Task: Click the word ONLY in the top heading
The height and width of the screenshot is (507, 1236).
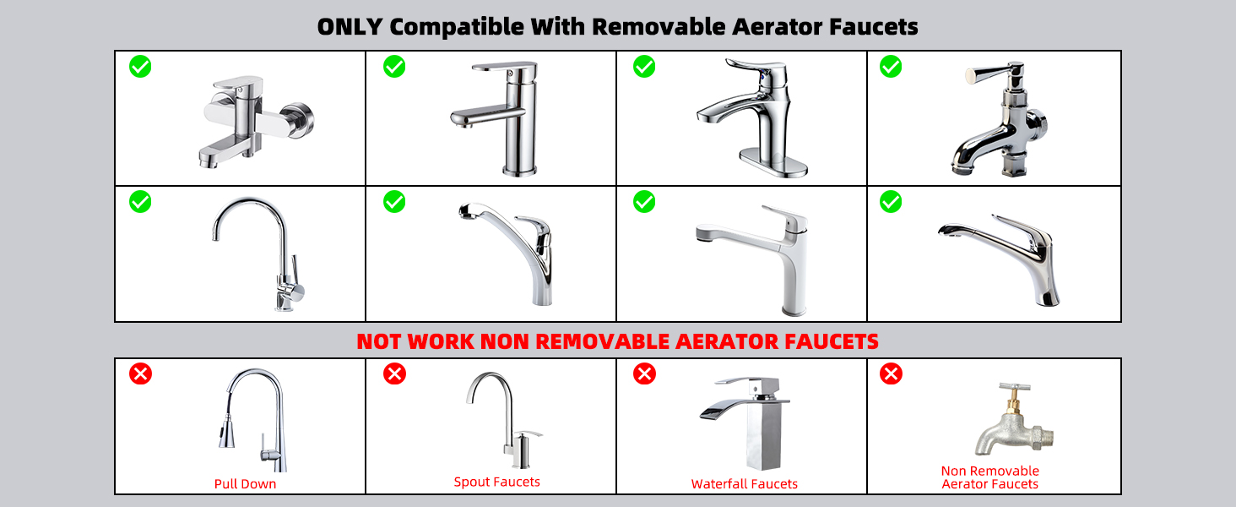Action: click(350, 26)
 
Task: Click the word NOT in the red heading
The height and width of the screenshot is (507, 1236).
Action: click(380, 341)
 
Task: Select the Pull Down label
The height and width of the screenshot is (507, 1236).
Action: click(245, 484)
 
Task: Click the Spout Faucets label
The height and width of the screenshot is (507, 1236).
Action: click(496, 482)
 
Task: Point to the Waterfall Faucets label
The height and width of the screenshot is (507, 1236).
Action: click(744, 484)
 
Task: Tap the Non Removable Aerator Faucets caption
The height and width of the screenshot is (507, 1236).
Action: click(989, 477)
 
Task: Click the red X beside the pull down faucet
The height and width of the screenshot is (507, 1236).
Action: click(140, 373)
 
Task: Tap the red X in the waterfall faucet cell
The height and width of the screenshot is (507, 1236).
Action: click(644, 373)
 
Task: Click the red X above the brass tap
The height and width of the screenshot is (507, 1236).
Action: click(891, 373)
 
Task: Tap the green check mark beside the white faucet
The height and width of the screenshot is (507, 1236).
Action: click(644, 202)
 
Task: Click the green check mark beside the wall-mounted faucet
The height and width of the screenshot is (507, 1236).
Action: click(140, 66)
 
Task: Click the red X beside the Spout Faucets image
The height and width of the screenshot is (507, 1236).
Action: click(394, 373)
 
